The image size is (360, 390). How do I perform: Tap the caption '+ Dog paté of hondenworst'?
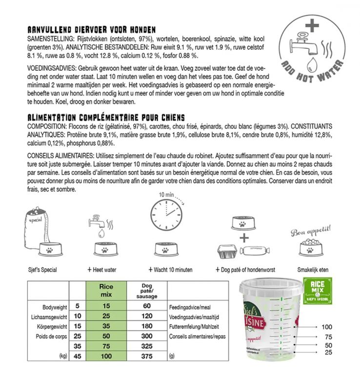click(242, 270)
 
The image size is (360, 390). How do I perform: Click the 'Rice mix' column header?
click(106, 291)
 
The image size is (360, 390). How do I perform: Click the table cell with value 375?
click(146, 356)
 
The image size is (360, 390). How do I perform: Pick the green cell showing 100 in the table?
click(106, 356)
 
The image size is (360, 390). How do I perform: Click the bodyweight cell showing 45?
click(77, 356)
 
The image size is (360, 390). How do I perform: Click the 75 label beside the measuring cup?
click(317, 336)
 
